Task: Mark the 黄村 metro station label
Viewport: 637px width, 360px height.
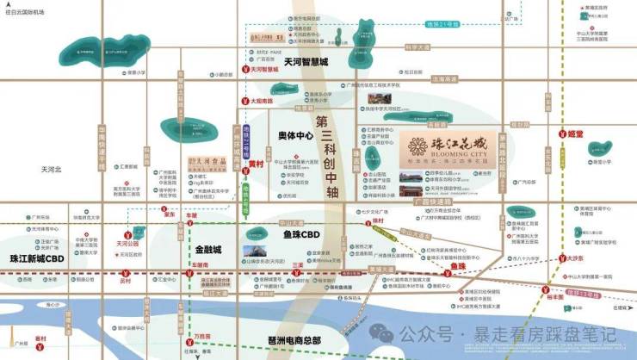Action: click(256, 162)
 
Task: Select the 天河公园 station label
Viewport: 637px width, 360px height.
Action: click(127, 243)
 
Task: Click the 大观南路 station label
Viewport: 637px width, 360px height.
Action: click(262, 101)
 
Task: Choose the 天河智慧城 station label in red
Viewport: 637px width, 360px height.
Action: click(262, 69)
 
